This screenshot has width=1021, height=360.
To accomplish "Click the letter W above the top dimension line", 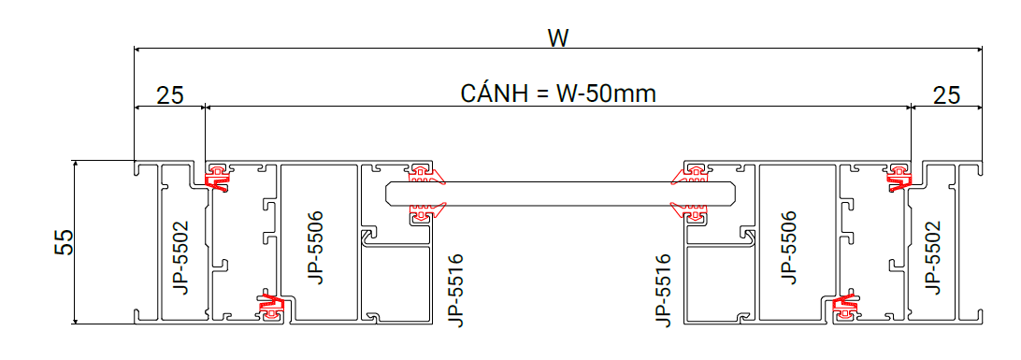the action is pyautogui.click(x=558, y=38).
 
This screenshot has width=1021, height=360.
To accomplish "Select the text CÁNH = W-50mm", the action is pyautogui.click(x=558, y=94).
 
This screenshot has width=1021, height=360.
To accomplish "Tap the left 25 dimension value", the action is pyautogui.click(x=170, y=95).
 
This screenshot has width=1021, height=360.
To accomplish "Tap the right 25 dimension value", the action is pyautogui.click(x=947, y=95).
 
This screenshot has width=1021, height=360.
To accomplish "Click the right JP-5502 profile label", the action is pyautogui.click(x=932, y=257).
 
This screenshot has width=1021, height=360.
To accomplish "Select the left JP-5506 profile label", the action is pyautogui.click(x=316, y=247).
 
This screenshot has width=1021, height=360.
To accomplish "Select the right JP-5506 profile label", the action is pyautogui.click(x=789, y=247).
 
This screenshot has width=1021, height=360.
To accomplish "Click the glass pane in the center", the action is pyautogui.click(x=561, y=194).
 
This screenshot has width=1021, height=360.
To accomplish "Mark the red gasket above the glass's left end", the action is pyautogui.click(x=425, y=175).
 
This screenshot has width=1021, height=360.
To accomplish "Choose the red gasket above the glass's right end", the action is pyautogui.click(x=691, y=175).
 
